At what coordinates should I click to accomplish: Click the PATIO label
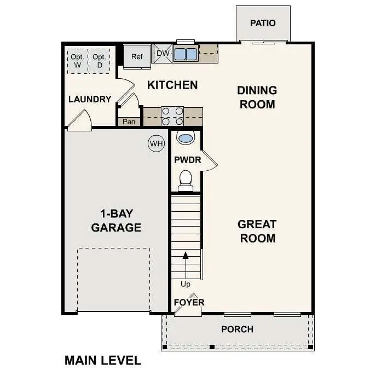(263, 24)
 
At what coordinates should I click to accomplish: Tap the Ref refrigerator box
(136, 56)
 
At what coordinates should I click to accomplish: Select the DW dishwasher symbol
(163, 53)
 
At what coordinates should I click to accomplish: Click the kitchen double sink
(185, 54)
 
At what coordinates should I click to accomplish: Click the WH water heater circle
(157, 144)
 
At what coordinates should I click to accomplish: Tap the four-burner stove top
(172, 117)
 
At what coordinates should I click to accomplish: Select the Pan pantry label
(129, 122)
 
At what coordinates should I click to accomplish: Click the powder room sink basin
(186, 138)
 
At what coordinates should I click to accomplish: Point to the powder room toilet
(186, 180)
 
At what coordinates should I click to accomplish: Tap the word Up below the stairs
(186, 284)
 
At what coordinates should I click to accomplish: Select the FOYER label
(189, 302)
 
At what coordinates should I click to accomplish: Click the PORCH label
(237, 329)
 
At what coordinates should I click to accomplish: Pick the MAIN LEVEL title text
(103, 360)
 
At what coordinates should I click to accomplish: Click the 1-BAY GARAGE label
(116, 221)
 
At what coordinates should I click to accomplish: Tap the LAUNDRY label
(90, 100)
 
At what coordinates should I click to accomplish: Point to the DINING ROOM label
(257, 97)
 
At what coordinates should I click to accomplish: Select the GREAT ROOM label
(257, 231)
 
